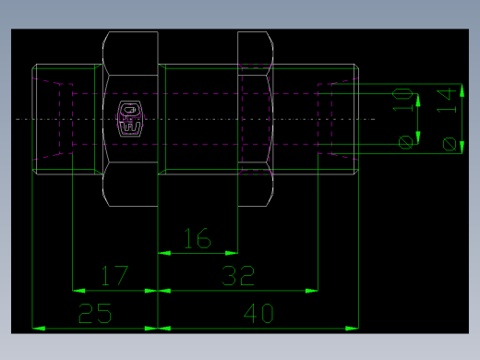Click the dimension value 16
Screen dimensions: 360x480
point(197,239)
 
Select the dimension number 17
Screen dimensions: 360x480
point(114,276)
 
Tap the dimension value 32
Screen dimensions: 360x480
point(238,276)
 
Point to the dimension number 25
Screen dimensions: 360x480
point(96,314)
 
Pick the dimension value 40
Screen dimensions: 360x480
point(258,314)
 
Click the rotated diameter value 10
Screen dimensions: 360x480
point(402,100)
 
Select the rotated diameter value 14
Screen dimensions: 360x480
point(448,100)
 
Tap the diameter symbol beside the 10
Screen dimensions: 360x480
point(404,141)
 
